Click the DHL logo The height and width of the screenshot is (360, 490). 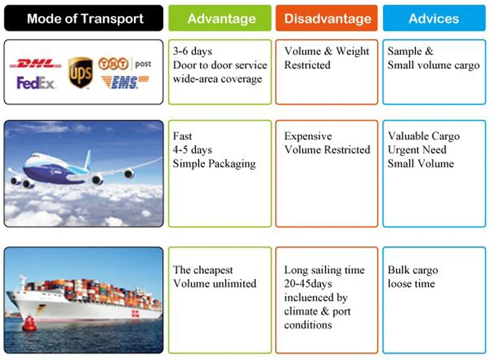click(37, 64)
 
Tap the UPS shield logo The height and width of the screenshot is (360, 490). click(80, 73)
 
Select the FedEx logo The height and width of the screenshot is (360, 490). click(37, 83)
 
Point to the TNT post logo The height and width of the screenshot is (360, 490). click(124, 63)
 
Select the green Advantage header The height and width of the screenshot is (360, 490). click(220, 18)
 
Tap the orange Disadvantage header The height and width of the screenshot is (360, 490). click(326, 18)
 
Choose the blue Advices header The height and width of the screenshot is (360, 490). click(434, 18)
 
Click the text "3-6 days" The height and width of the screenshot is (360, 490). click(193, 51)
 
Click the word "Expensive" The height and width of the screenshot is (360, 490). click(308, 136)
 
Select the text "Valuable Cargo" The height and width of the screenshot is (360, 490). click(423, 136)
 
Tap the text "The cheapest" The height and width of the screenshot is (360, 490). click(203, 270)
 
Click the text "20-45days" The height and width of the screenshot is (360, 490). click(308, 284)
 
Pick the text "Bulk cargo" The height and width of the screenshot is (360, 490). click(413, 270)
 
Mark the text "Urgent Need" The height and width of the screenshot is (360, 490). click(417, 150)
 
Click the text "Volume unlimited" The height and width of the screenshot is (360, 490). click(214, 284)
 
